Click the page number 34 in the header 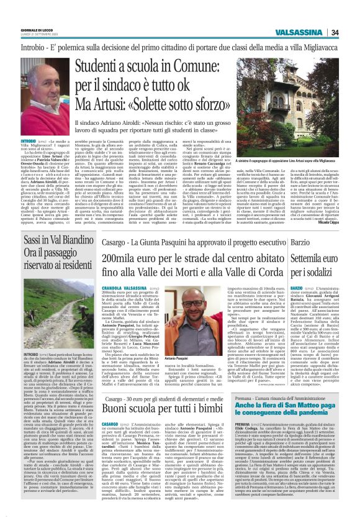pos(351,32)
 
